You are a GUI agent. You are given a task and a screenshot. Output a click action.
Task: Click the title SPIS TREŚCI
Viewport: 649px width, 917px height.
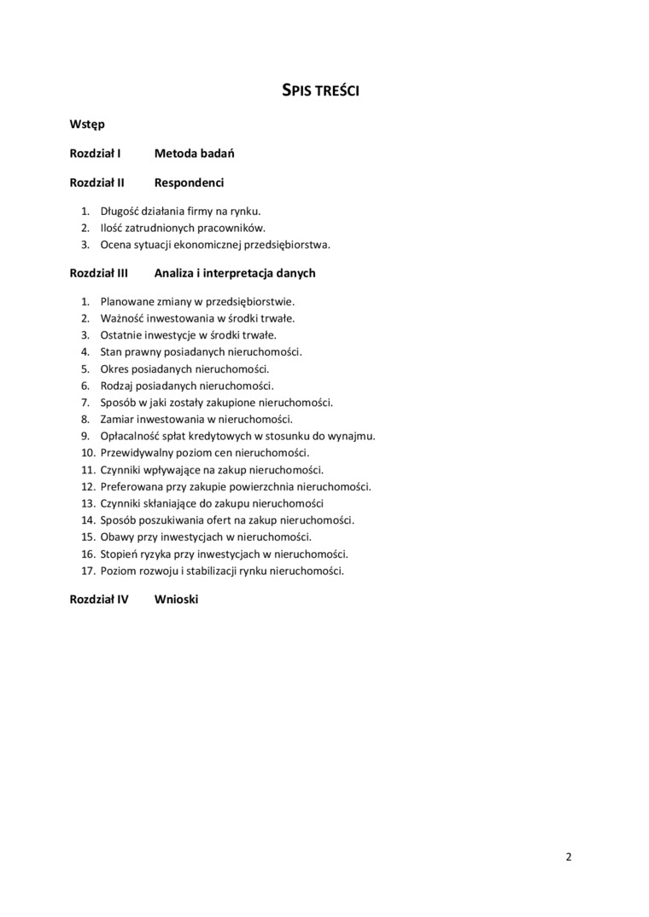point(320,90)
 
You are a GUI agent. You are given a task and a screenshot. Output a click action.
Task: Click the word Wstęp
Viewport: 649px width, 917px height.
point(87,125)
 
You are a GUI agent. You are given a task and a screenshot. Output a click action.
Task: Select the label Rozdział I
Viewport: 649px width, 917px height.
point(95,154)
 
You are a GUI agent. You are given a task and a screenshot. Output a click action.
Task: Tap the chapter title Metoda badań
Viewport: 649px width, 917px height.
point(195,154)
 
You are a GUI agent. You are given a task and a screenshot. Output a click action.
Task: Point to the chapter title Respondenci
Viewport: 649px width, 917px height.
point(190,183)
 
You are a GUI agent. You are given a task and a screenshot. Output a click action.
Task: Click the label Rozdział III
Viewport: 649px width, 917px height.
point(99,273)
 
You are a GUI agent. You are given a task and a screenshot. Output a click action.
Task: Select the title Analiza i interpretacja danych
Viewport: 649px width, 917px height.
point(235,273)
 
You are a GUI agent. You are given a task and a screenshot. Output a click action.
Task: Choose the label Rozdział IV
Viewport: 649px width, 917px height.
point(99,600)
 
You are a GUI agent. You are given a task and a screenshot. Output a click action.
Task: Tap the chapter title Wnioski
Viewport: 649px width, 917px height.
point(176,600)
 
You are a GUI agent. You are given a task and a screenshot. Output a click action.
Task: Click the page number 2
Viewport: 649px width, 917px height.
point(569,856)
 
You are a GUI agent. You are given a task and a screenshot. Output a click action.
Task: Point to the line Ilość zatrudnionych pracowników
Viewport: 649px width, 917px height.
point(183,228)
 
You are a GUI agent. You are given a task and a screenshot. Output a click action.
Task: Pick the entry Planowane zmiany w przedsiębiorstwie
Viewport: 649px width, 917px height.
point(197,301)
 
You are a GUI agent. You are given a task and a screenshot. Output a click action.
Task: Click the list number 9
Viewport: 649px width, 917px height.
point(85,436)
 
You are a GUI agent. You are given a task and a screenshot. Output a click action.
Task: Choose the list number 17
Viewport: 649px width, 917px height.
point(87,571)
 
